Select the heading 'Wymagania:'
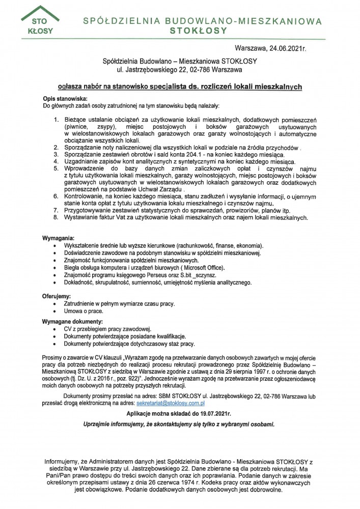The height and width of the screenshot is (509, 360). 58,238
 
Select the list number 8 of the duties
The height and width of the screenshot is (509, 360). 57,217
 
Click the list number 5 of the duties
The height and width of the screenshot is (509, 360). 57,168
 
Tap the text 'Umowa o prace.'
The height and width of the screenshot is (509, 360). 84,311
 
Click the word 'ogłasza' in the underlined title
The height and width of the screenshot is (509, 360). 71,87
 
